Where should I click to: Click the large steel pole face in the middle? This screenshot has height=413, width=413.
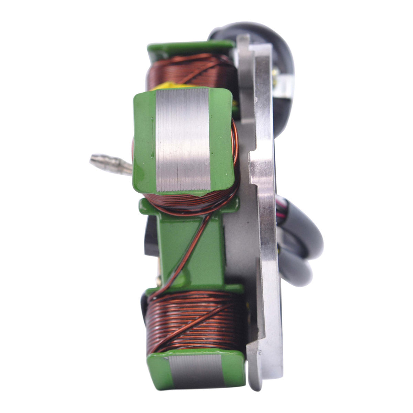click(x=182, y=139)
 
